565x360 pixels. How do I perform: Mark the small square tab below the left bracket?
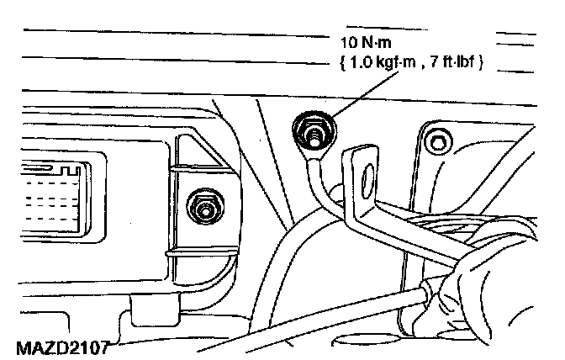[135, 318]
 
